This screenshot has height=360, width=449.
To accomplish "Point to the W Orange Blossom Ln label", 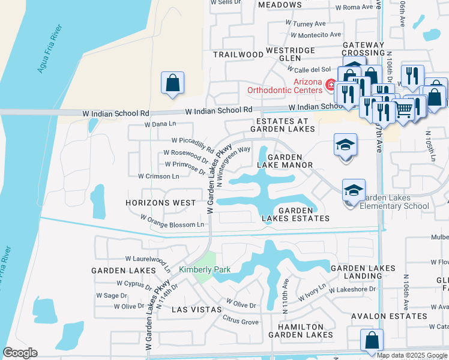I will (172, 221).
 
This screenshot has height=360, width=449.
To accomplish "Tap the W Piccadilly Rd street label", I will (193, 144).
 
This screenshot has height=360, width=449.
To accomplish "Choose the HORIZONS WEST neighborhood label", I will (160, 203).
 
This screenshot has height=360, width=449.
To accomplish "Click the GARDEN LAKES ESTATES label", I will (296, 214).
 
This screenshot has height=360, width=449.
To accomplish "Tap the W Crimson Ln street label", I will (158, 176).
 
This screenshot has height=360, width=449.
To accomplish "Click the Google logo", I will (20, 353).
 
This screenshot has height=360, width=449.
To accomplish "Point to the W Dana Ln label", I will (160, 125).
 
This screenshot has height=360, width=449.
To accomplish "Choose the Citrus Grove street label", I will (241, 322).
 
